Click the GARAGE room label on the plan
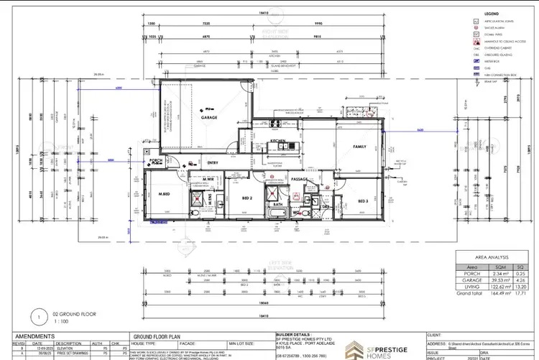tap(209, 116)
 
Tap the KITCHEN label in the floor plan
tap(279, 141)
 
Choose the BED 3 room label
tap(363, 200)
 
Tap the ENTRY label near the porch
tap(213, 162)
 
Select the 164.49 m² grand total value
tap(484, 292)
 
